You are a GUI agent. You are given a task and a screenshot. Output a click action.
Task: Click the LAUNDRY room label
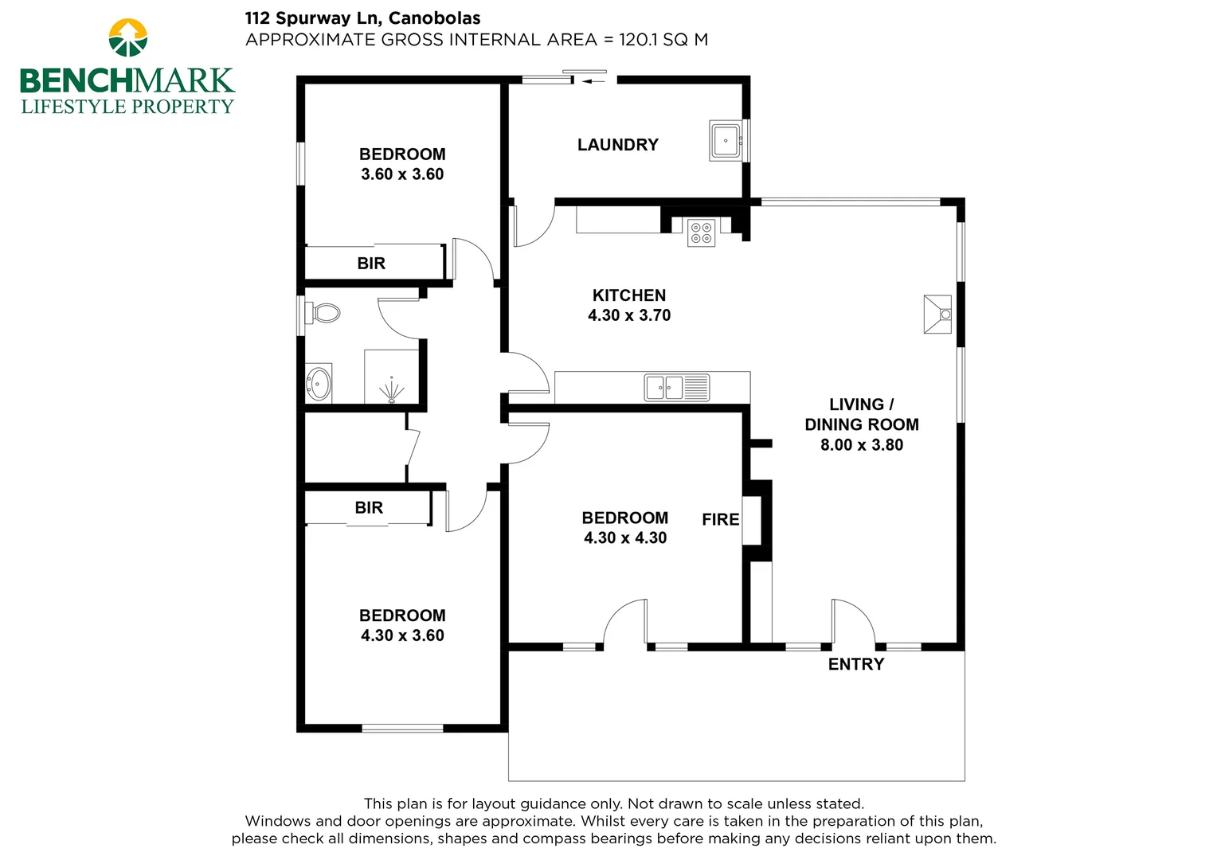pos(617,145)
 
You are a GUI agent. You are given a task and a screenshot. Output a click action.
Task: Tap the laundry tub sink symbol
pos(726,141)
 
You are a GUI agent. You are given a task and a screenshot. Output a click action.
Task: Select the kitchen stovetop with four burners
pos(702,232)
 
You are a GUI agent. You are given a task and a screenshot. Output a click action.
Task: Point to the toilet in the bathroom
pos(324,312)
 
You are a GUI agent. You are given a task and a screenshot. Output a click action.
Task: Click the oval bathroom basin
pos(319,384)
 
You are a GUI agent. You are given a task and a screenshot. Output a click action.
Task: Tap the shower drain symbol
pos(391,393)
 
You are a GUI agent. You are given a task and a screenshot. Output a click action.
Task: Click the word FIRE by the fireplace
pos(720,520)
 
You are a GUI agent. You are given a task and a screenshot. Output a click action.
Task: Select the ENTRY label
pos(855,664)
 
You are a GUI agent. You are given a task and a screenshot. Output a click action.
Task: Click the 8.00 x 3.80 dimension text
pos(861,445)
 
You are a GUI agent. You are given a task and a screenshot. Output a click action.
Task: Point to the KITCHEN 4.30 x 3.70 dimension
pos(628,315)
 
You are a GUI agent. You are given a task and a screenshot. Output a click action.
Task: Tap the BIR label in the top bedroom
pos(371,264)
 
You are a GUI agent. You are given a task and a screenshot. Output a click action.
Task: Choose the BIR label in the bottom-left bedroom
pos(369,508)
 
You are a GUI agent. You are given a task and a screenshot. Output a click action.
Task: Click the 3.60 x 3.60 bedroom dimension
pos(402,174)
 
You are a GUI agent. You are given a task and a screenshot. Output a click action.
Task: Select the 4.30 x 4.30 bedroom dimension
pos(625,538)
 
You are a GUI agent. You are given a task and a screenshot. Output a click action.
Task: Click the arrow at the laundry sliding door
pos(594,80)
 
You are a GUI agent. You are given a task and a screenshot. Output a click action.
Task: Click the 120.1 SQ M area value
pos(663,40)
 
